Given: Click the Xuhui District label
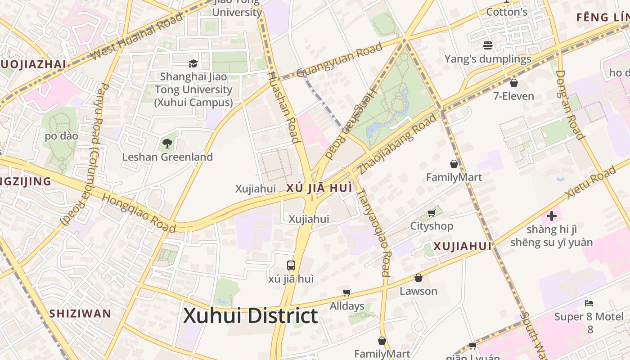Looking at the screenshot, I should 250,316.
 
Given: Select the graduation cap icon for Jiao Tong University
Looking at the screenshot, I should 193,63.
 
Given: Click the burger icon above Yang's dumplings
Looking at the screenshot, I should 488,45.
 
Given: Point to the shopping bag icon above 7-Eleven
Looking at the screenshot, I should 513,83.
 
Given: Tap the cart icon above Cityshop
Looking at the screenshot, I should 431,213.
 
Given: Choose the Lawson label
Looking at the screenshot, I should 418,291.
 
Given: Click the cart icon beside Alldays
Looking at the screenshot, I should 346,293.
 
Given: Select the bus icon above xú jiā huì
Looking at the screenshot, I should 291,265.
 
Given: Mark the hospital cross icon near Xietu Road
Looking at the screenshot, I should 552,216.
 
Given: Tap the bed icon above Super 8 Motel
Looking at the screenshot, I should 589,303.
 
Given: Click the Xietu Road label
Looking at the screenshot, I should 590,182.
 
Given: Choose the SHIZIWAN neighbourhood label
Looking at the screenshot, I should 80,314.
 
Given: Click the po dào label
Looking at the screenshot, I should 61,136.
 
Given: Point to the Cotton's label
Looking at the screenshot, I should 507,12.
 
